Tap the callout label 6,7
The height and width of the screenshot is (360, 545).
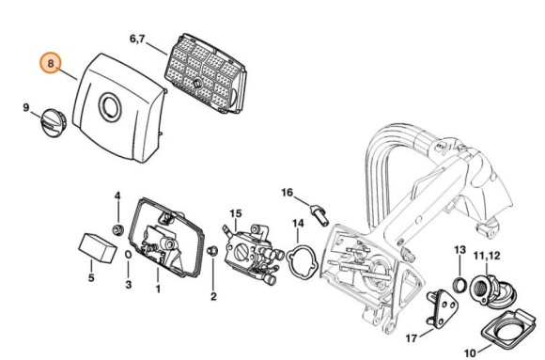138,39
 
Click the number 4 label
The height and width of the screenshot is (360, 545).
117,196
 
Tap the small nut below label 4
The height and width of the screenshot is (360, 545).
118,228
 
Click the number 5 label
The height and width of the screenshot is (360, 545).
91,278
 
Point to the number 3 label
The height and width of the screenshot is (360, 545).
129,282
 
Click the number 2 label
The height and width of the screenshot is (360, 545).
213,297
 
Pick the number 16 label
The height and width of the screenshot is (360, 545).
288,192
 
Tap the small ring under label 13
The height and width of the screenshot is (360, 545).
459,286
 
